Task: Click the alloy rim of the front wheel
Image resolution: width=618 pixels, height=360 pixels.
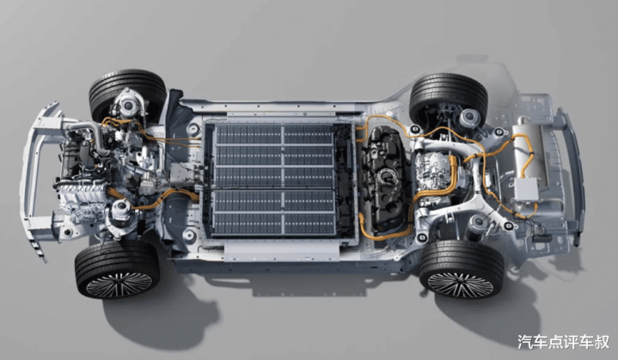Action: pyautogui.click(x=119, y=284)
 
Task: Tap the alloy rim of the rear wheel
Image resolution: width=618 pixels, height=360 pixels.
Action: pyautogui.click(x=461, y=284)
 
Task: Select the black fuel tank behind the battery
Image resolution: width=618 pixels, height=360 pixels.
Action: pyautogui.click(x=385, y=177)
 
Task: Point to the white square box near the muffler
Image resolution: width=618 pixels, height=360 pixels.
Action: pyautogui.click(x=527, y=190)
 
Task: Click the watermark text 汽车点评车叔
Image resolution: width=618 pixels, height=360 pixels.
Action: pyautogui.click(x=563, y=342)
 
